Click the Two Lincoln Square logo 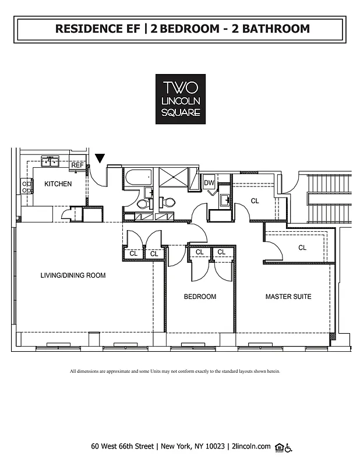point(180,98)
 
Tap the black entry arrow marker point(100,158)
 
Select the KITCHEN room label point(58,184)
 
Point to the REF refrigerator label point(77,165)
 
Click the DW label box point(209,183)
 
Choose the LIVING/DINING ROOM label point(73,276)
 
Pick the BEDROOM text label point(200,296)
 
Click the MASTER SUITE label point(288,296)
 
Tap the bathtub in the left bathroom point(137,176)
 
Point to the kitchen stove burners point(27,186)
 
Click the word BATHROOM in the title point(276,28)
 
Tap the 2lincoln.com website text point(251,447)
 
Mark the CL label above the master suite point(302,248)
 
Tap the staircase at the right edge point(329,198)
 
